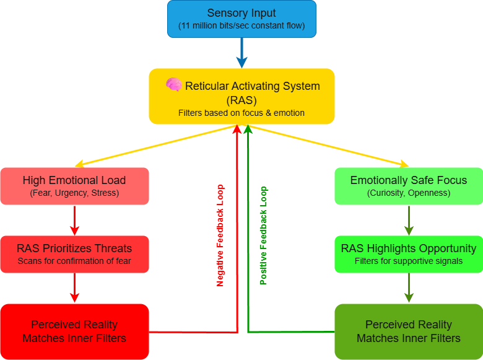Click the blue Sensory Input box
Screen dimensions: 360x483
(241, 19)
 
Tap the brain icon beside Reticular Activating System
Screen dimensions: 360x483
(173, 86)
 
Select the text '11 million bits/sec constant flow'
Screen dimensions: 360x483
(241, 27)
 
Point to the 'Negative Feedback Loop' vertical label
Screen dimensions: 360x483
(220, 235)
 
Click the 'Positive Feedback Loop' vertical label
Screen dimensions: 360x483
(264, 235)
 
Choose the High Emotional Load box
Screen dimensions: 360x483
(74, 186)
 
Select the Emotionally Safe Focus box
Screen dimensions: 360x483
(409, 186)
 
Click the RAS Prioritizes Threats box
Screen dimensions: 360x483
(74, 254)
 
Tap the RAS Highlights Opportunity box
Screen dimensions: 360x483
(409, 254)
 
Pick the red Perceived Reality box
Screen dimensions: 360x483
(74, 331)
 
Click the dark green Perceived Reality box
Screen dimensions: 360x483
(409, 331)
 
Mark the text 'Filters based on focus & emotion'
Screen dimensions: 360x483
(241, 113)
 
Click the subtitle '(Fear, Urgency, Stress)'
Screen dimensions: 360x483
(74, 193)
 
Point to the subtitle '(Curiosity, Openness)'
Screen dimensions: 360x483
(409, 193)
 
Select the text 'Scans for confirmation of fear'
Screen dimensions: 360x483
(74, 261)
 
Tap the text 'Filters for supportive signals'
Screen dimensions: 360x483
(409, 261)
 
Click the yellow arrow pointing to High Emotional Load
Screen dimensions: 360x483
(155, 146)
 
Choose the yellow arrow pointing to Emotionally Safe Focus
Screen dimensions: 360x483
(328, 146)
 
